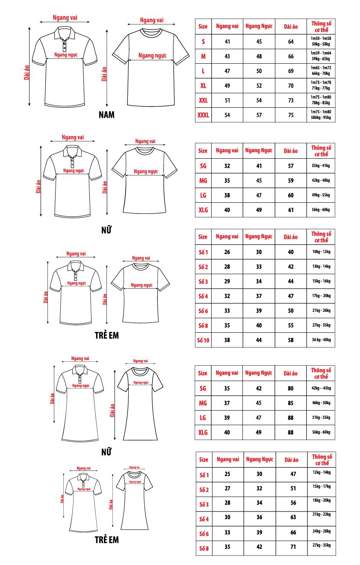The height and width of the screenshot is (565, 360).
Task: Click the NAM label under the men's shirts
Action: [106, 115]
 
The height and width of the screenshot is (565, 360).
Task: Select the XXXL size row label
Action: [203, 115]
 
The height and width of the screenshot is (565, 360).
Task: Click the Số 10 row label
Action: [203, 340]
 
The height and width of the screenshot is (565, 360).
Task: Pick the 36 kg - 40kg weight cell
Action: [321, 340]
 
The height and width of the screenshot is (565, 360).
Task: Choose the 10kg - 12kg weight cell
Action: [321, 251]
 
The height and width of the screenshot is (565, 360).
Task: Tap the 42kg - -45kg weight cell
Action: [321, 388]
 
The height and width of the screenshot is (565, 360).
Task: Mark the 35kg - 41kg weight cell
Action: [321, 166]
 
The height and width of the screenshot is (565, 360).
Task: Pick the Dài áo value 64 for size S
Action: [291, 41]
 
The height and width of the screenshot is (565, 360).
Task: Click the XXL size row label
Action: [203, 101]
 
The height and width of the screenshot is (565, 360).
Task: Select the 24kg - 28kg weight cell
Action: [321, 530]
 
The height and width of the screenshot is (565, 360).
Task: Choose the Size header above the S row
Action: [203, 27]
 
